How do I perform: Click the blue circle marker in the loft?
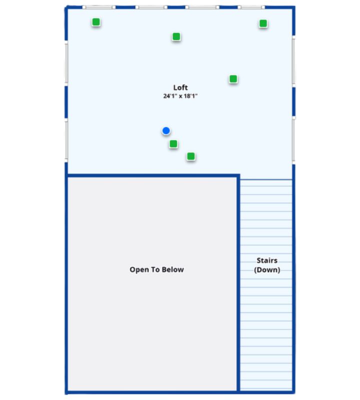coord(166,131)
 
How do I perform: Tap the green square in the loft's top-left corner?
coord(96,22)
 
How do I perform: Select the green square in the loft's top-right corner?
coord(263,23)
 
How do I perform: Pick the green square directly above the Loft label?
coord(176,36)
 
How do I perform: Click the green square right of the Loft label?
coord(233,79)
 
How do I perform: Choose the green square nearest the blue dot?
coord(173,144)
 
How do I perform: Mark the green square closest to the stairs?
coord(191,156)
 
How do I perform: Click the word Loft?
coord(180,87)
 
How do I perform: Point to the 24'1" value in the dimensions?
coord(170,96)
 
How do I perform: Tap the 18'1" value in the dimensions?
coord(191,96)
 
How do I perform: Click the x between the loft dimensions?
coord(180,96)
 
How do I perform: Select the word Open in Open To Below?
coord(138,269)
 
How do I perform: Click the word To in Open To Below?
coord(155,269)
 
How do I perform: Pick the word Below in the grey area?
coord(173,269)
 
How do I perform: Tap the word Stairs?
coord(267,260)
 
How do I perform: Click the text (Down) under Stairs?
coord(267,270)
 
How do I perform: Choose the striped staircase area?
coord(266,325)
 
